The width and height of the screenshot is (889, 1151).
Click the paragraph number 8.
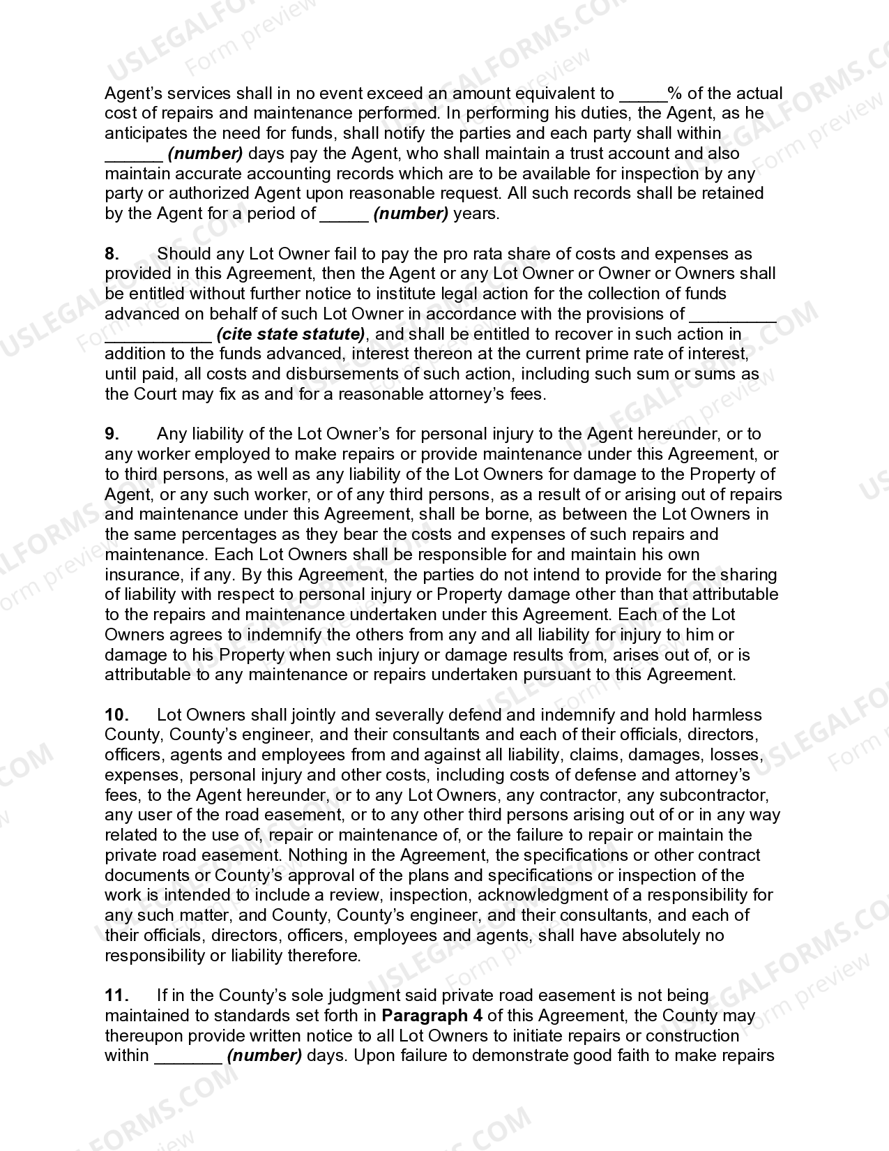click(112, 254)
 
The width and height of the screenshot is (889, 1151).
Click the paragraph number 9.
click(112, 435)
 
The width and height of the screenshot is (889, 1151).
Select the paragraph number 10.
click(116, 715)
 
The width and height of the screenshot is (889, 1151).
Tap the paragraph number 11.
click(116, 995)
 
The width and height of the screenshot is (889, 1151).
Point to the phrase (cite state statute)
click(291, 334)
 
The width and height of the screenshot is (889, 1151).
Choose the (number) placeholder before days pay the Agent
click(205, 153)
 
